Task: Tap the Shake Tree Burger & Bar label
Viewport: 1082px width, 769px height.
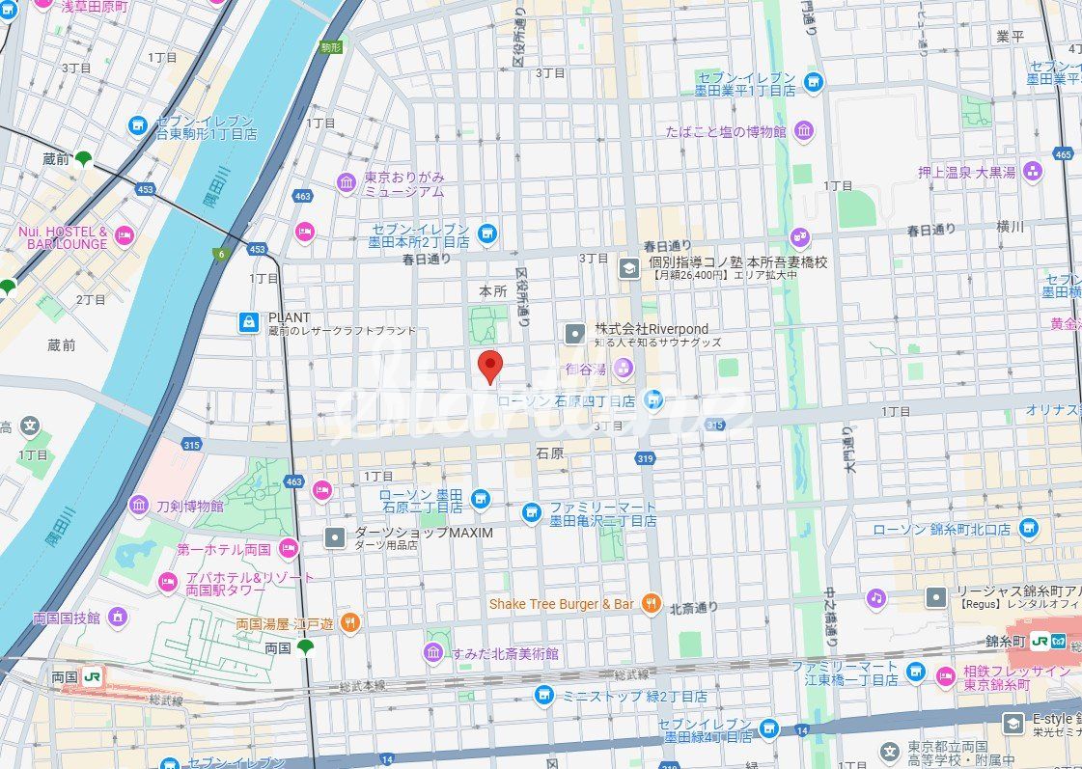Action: (561, 604)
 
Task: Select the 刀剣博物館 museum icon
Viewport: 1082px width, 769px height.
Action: (139, 505)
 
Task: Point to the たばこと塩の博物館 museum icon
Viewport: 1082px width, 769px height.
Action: (803, 131)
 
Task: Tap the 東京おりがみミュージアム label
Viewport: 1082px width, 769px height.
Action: (403, 184)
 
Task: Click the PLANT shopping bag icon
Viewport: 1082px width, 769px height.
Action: (249, 322)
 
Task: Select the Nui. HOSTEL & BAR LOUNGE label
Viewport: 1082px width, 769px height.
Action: (63, 237)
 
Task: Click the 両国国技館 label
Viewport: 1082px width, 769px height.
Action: (66, 618)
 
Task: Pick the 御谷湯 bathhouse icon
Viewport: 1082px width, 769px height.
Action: (624, 368)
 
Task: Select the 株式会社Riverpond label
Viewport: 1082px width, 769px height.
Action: (665, 329)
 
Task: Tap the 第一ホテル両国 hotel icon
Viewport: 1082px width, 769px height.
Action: (288, 549)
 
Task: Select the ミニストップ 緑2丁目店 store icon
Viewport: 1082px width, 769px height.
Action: (544, 695)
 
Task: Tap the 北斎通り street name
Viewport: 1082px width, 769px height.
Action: (693, 607)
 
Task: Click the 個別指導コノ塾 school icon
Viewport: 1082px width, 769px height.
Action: (628, 267)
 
